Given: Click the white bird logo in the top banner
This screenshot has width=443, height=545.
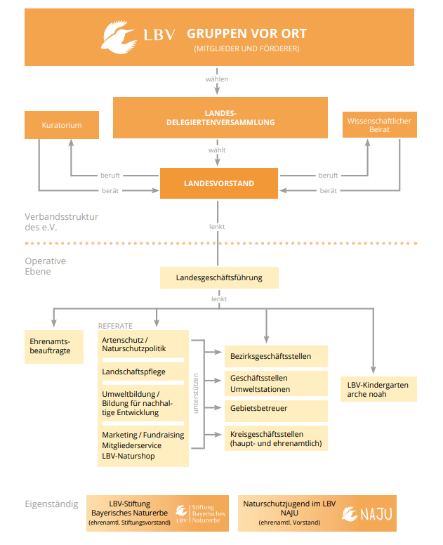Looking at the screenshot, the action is [x=119, y=37].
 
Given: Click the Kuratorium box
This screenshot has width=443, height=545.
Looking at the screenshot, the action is [x=62, y=125].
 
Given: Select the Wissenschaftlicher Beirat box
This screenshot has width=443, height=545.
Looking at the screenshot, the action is [x=379, y=125].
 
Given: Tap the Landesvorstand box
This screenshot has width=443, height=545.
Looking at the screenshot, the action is [x=219, y=183].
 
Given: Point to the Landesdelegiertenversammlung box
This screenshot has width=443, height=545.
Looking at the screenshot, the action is [x=220, y=118].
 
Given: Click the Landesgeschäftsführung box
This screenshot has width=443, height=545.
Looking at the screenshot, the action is [x=219, y=277].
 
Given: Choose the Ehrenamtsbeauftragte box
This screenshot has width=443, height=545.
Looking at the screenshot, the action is [x=54, y=347].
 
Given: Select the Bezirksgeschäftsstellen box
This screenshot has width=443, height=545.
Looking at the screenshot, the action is [x=276, y=356].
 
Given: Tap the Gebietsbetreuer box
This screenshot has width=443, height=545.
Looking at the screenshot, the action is [x=276, y=411].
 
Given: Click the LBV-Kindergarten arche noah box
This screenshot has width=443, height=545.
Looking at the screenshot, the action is [x=378, y=389].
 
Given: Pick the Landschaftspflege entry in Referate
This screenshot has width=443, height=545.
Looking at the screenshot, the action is [x=134, y=372].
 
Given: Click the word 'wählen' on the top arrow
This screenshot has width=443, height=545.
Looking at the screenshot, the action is [x=217, y=79].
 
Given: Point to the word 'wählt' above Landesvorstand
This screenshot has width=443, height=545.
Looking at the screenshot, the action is [x=217, y=150].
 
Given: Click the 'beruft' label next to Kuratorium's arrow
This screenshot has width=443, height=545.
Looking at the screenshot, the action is [x=110, y=176].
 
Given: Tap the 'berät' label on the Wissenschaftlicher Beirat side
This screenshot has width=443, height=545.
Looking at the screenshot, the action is [x=329, y=191].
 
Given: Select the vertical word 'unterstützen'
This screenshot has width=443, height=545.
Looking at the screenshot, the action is [x=196, y=393].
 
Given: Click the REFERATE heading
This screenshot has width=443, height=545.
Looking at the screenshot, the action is [x=115, y=326].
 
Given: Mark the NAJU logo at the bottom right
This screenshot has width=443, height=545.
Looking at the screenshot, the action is [x=367, y=514].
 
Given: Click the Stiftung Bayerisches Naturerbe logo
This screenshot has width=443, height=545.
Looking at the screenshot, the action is [x=200, y=513].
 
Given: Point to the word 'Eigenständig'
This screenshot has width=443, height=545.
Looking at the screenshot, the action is [x=51, y=504].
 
